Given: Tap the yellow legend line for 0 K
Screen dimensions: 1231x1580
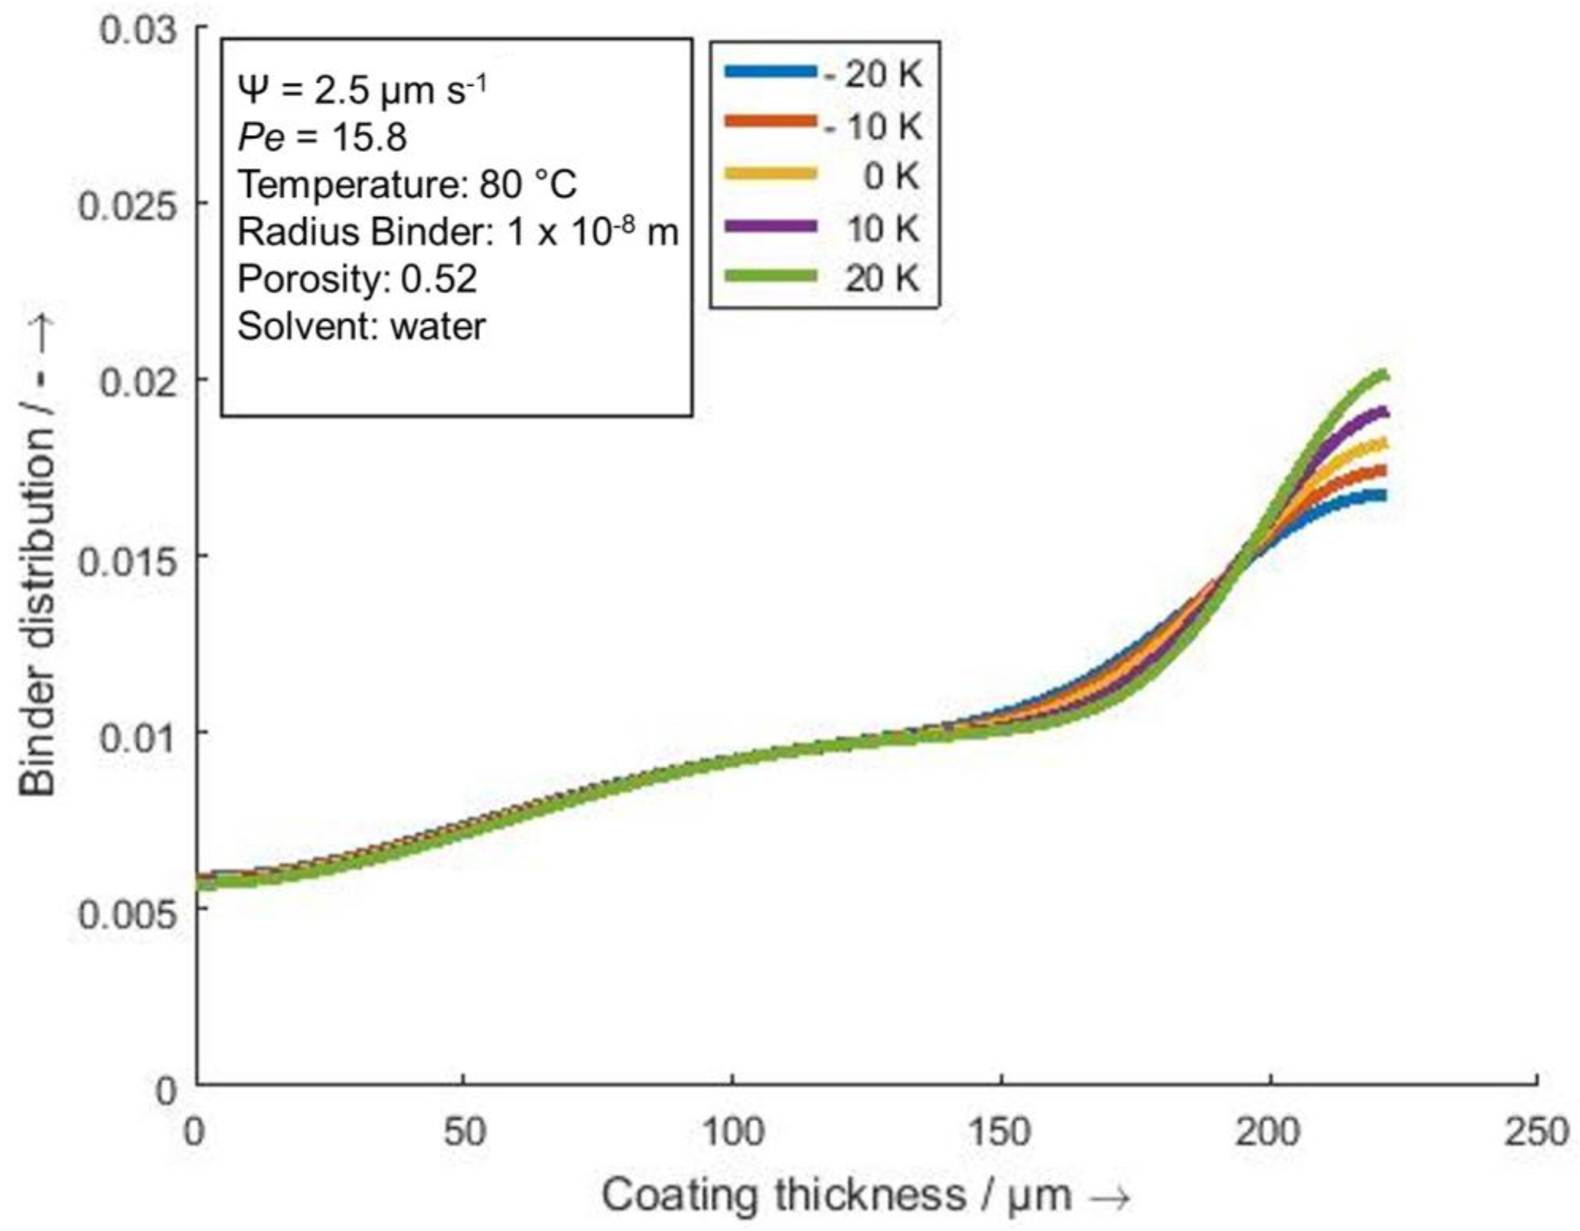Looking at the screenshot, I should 771,174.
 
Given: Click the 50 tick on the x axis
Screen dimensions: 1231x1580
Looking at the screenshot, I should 464,1132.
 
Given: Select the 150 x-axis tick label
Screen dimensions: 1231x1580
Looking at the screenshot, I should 1002,1132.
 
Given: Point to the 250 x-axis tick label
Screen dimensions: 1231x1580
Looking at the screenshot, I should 1537,1132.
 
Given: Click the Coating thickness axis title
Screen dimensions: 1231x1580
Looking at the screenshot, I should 864,1196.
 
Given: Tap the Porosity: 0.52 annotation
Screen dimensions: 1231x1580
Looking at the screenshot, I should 357,278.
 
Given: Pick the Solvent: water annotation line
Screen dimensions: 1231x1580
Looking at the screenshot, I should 361,326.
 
